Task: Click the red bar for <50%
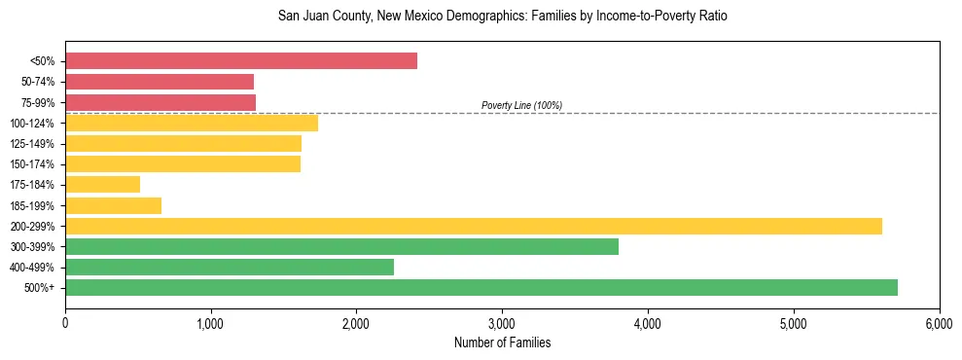point(240,61)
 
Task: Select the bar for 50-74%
point(160,82)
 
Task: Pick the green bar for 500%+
point(481,287)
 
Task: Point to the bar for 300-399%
point(341,246)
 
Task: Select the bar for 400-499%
point(229,267)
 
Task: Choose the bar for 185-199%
point(113,205)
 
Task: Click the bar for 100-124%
point(192,123)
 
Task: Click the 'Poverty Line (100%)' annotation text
point(521,105)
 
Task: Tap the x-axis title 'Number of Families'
point(502,342)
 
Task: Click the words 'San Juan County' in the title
point(316,17)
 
